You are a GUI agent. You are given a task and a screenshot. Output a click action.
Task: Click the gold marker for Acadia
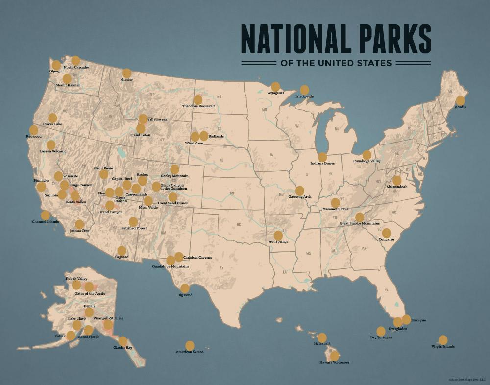click(x=460, y=100)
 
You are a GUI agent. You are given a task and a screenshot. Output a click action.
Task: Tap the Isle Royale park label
click(x=304, y=96)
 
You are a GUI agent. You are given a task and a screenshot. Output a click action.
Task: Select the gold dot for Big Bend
click(x=185, y=288)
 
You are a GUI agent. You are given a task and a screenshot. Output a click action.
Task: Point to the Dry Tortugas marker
click(x=381, y=331)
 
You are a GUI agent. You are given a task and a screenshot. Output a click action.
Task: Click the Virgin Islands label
click(x=443, y=346)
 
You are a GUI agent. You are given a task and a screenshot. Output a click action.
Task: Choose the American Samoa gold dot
click(x=190, y=345)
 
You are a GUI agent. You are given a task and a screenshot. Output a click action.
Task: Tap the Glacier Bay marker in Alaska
click(x=122, y=341)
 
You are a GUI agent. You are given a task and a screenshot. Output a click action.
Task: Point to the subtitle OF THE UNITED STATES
click(x=336, y=63)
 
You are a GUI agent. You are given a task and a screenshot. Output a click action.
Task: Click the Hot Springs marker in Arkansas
click(x=278, y=235)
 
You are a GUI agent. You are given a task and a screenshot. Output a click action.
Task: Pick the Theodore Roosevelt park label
click(x=198, y=106)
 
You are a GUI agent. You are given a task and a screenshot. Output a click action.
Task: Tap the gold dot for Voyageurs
click(x=275, y=86)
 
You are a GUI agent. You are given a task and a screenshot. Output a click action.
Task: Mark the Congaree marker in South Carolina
click(x=386, y=233)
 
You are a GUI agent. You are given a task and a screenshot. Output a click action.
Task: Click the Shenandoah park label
click(x=397, y=187)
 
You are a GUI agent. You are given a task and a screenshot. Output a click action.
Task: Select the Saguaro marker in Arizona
click(x=122, y=251)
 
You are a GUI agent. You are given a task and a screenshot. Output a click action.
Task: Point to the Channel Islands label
click(x=45, y=222)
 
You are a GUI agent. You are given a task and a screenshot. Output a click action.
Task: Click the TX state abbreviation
click(x=221, y=268)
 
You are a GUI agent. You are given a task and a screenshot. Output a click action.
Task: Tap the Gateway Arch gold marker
click(x=299, y=191)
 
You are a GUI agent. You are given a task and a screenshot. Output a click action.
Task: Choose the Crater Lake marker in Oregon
click(x=52, y=118)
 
